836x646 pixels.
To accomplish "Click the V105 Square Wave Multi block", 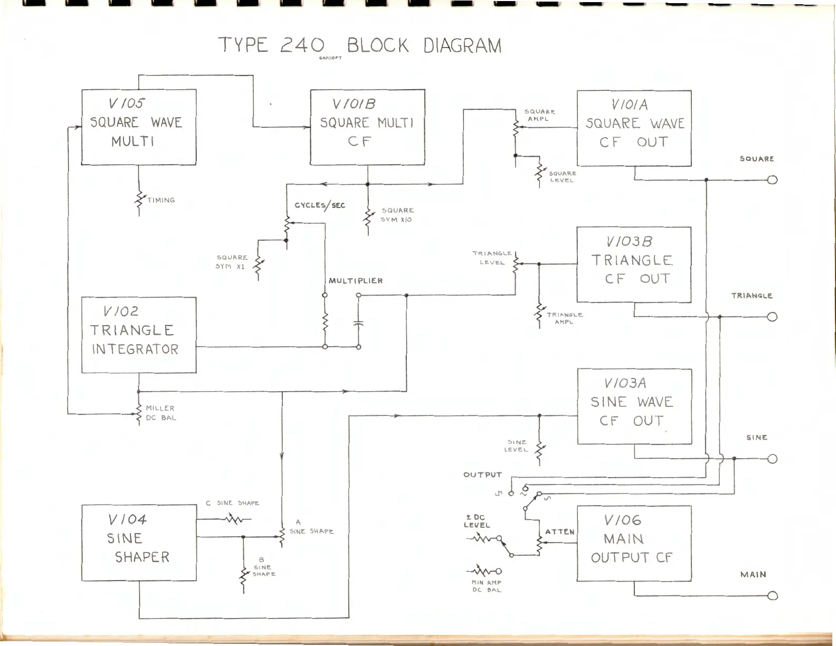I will click(x=139, y=127).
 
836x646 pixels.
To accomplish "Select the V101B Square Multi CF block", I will click(x=367, y=127).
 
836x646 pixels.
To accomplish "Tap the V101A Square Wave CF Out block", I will click(x=634, y=128).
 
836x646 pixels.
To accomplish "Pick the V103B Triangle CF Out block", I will click(x=633, y=264).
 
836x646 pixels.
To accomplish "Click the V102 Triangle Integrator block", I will click(x=139, y=335).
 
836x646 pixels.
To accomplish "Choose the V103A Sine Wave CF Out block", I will click(x=634, y=406).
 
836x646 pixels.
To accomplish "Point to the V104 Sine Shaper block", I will click(x=139, y=543).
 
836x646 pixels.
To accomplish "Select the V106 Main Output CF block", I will click(x=634, y=543).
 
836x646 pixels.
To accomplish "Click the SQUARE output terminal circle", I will click(x=772, y=180).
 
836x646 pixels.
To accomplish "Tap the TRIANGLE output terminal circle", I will click(x=772, y=317).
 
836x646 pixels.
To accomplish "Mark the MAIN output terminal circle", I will click(x=772, y=596).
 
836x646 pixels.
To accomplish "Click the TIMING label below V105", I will click(x=161, y=200).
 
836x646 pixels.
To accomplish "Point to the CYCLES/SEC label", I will click(x=320, y=205).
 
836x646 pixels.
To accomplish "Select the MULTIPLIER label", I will click(x=356, y=281).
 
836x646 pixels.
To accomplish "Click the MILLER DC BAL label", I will click(x=160, y=413).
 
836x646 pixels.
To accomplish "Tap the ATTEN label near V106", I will click(x=560, y=531).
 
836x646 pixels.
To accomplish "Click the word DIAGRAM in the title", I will click(x=462, y=46).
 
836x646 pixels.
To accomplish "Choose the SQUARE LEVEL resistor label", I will click(x=562, y=177).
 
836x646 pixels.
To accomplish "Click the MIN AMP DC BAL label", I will click(x=487, y=586).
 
